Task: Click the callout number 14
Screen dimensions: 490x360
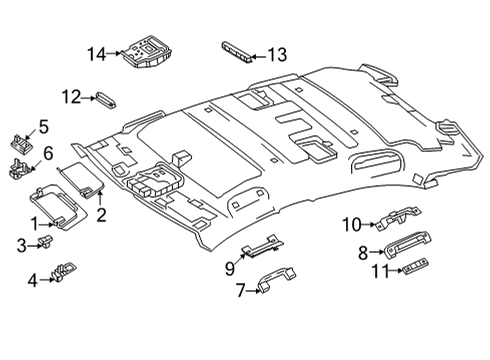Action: point(97,54)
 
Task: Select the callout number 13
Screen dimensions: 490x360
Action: point(277,55)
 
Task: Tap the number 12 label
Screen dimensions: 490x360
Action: point(71,97)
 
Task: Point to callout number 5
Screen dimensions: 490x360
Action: point(44,127)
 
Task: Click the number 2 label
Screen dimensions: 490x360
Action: point(101,215)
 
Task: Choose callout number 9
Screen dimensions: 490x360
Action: point(230,269)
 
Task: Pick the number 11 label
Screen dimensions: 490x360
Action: point(380,271)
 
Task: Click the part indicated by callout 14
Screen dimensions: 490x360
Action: point(147,52)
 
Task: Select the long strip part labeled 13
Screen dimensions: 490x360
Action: point(237,52)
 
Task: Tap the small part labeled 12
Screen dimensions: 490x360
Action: point(106,100)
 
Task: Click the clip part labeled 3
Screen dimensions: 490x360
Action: point(46,241)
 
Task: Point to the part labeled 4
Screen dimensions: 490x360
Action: point(63,270)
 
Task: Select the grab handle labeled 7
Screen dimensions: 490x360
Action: point(276,279)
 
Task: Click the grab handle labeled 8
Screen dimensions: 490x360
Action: point(407,245)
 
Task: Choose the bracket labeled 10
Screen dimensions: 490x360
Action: point(398,218)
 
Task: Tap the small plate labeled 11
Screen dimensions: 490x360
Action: point(416,266)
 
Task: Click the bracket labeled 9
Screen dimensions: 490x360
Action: point(263,246)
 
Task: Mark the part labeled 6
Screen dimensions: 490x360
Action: point(21,169)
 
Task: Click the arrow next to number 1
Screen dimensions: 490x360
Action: point(47,225)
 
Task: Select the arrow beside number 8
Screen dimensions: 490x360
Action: point(377,252)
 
